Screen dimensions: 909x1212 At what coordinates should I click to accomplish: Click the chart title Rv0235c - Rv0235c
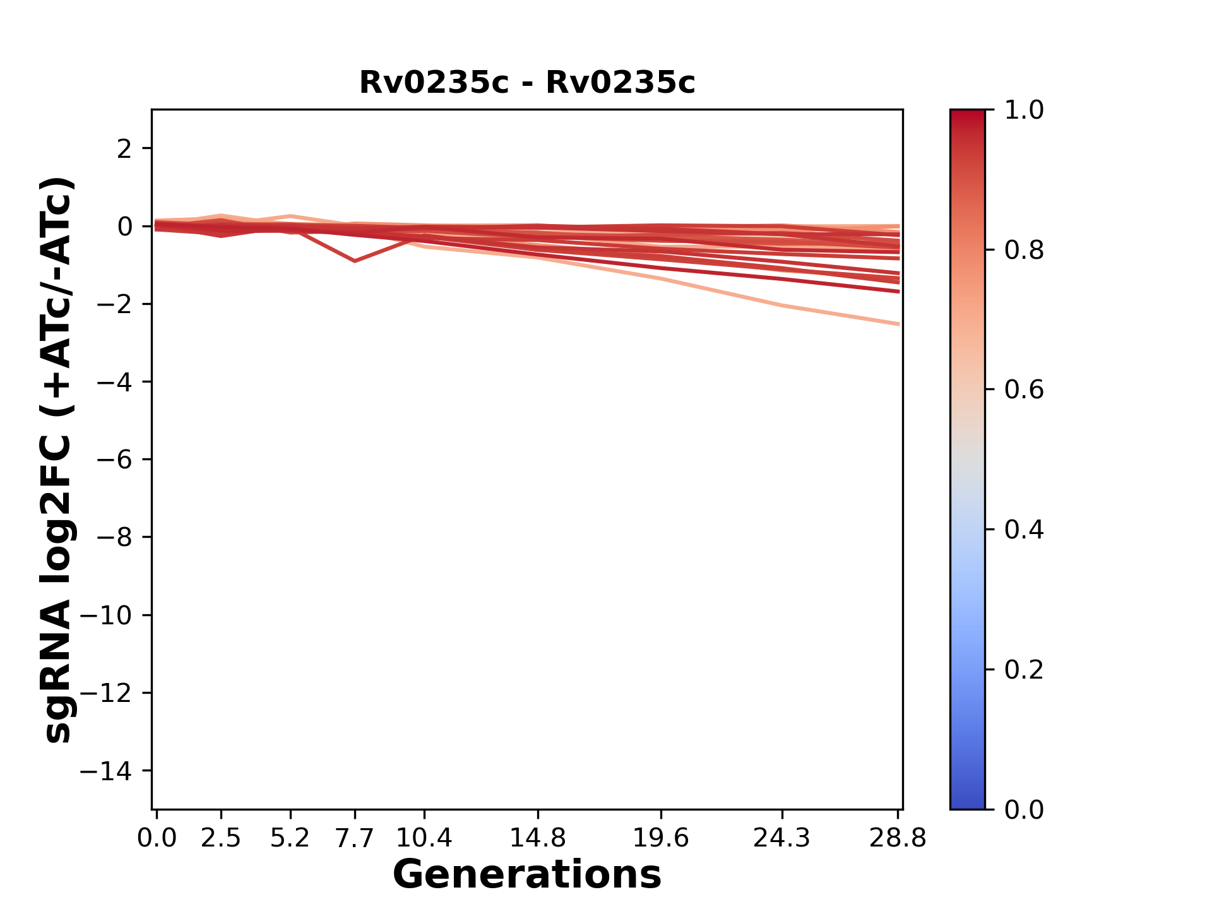pos(526,83)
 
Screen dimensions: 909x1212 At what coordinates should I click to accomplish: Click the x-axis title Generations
pos(526,875)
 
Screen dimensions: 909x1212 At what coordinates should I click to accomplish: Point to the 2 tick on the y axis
pos(124,149)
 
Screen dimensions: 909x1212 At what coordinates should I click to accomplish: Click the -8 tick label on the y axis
pos(114,538)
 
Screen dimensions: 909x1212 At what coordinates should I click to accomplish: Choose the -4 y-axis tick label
pos(114,383)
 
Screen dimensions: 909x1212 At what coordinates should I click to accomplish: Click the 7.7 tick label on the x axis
pos(355,838)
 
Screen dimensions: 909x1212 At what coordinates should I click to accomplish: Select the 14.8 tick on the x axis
pos(537,838)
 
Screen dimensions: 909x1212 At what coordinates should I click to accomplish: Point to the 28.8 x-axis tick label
pos(898,838)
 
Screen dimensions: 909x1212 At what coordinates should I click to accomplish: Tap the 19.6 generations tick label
pos(660,838)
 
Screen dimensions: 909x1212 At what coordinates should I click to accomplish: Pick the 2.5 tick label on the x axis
pos(221,838)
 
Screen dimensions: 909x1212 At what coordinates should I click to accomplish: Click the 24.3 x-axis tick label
pos(782,838)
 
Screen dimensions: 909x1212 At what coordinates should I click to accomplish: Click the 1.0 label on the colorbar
pos(1024,110)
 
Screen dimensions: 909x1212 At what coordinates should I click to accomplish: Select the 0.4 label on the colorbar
pos(1024,530)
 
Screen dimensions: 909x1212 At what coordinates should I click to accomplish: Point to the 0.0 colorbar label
pos(1024,809)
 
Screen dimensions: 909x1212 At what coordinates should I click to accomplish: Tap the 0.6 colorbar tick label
pos(1024,390)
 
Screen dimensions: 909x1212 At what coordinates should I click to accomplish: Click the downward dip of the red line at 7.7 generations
pos(355,261)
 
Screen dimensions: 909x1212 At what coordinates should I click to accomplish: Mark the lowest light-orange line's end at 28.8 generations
pos(898,324)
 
